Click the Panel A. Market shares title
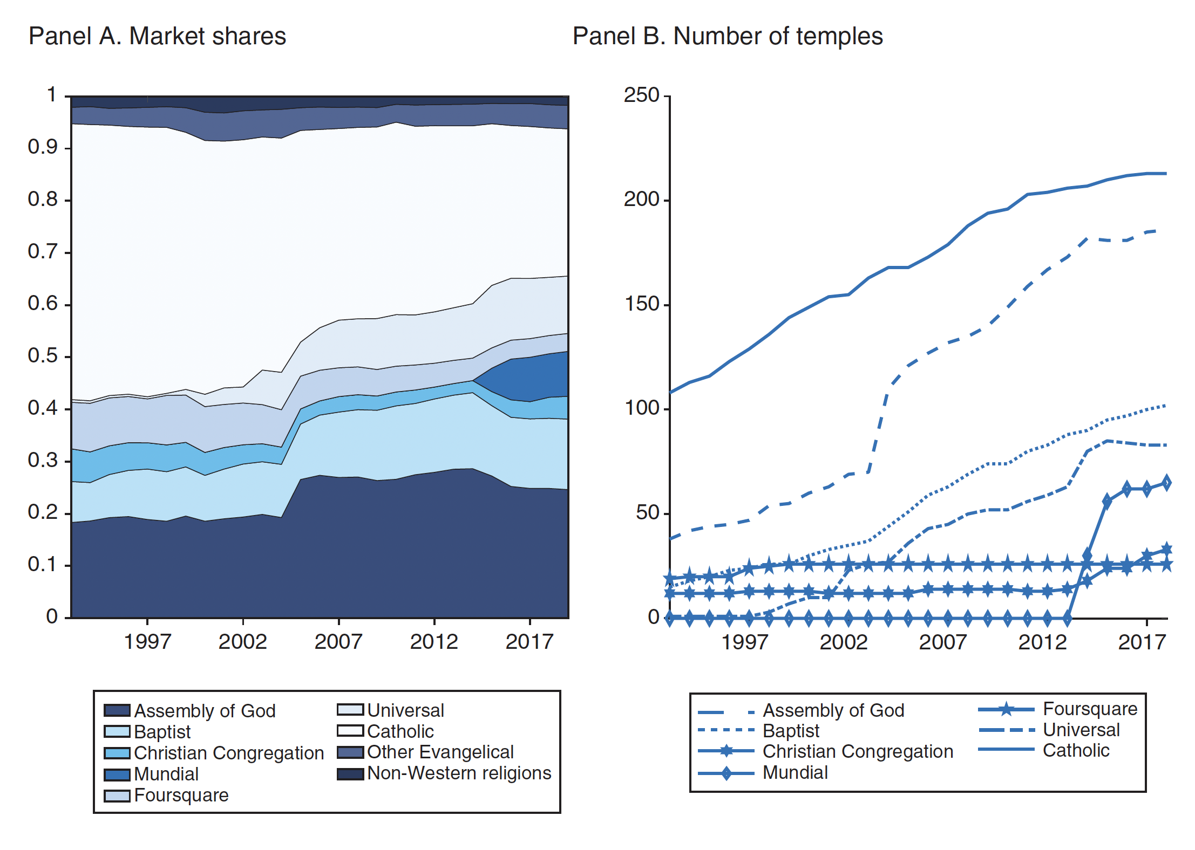[x=157, y=37]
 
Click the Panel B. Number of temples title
[x=727, y=37]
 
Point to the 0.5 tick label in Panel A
[x=43, y=355]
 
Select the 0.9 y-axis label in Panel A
[x=43, y=147]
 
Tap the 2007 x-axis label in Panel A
[x=338, y=642]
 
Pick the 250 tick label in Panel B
[x=642, y=95]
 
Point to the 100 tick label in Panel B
[x=642, y=408]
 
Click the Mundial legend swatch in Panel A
[x=117, y=774]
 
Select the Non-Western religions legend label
[x=459, y=773]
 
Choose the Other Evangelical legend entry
[x=440, y=752]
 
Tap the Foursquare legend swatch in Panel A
[x=117, y=796]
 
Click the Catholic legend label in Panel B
[x=1076, y=751]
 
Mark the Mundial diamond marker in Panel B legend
[x=726, y=773]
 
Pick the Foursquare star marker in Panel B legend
[x=1006, y=709]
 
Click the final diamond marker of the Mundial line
[x=1166, y=483]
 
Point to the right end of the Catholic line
[x=1166, y=174]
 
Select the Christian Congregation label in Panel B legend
[x=858, y=752]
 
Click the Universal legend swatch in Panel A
[x=350, y=710]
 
